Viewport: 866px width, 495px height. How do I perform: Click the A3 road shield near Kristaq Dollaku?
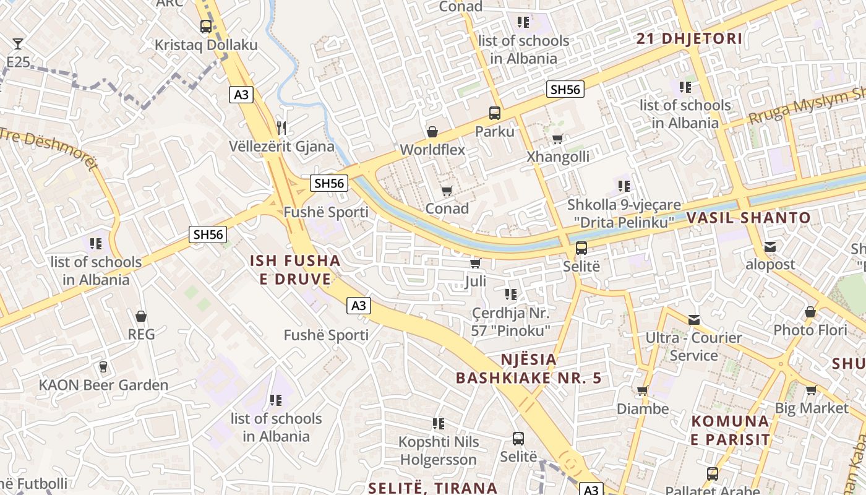tap(241, 95)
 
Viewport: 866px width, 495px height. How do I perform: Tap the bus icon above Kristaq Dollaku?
tap(206, 27)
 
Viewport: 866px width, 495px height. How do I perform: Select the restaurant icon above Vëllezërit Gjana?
tap(281, 128)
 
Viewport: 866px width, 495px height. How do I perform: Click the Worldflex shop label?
tap(432, 150)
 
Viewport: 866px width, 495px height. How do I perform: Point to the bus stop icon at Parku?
tap(495, 113)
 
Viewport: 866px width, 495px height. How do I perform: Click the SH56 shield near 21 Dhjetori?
tap(565, 89)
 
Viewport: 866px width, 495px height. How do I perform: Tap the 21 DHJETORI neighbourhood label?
tap(689, 38)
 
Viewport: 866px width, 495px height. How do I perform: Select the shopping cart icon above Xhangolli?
tap(557, 139)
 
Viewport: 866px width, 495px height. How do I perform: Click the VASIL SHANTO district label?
tap(748, 218)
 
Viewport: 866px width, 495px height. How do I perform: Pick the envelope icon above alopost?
tap(770, 247)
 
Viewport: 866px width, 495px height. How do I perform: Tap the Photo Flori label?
tap(810, 330)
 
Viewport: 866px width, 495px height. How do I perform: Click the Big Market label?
tap(812, 408)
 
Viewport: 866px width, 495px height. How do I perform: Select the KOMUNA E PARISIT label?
tap(731, 431)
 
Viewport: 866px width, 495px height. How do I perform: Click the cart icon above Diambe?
tap(643, 390)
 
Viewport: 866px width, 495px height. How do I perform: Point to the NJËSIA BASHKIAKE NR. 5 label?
tap(528, 369)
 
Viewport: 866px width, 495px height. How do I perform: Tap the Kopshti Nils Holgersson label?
tap(439, 450)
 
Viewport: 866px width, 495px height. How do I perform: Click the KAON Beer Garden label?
tap(103, 385)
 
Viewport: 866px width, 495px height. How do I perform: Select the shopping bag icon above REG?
tap(141, 316)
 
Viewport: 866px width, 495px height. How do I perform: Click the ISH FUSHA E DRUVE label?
tap(295, 270)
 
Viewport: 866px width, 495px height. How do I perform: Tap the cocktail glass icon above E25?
tap(18, 43)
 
